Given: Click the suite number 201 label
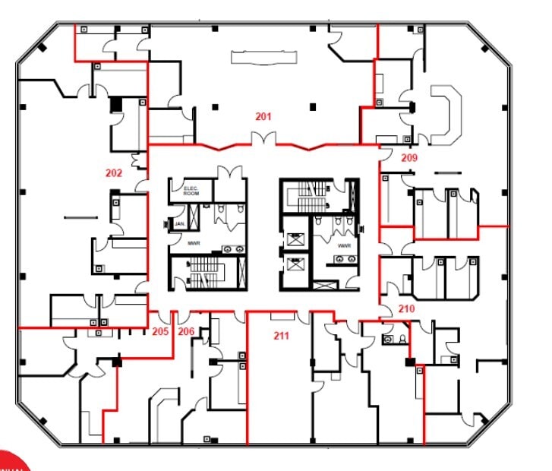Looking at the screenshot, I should point(263,117).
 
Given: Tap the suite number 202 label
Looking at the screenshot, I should point(114,173).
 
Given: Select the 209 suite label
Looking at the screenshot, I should point(409,158).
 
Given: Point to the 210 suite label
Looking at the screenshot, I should point(406,309).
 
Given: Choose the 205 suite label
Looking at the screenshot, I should point(160,331).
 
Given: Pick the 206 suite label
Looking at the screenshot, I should point(186,331).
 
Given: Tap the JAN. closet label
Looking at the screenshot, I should point(180,225).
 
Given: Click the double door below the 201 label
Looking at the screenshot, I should point(263,140).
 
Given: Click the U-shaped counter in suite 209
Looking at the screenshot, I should point(443,114).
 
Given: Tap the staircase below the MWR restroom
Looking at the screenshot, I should point(203,273).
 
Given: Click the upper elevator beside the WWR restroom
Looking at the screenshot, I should point(294,238).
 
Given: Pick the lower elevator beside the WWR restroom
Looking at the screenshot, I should point(294,268).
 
